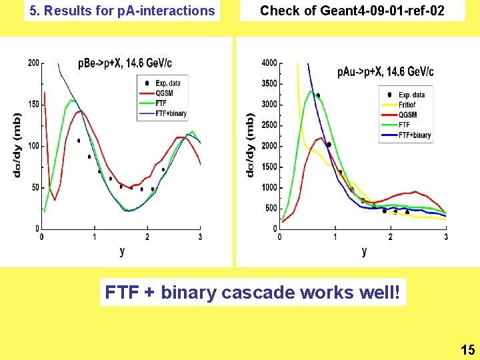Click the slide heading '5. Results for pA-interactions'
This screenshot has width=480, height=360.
[121, 11]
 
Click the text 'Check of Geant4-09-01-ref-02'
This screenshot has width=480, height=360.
[352, 11]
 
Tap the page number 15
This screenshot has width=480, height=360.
[467, 349]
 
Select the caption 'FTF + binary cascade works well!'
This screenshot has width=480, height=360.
[253, 293]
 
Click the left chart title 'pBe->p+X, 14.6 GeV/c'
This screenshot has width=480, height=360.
[125, 64]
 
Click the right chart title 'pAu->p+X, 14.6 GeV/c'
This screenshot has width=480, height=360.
[385, 71]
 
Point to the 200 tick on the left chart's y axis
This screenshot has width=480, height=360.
[33, 63]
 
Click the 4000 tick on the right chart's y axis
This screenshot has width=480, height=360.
[269, 63]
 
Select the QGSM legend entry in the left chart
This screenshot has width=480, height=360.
[164, 93]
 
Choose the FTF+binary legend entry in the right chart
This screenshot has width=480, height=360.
[414, 135]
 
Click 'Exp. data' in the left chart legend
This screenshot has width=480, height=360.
[167, 83]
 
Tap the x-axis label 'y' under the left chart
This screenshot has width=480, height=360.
[121, 251]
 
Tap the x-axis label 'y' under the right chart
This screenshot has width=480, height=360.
[364, 251]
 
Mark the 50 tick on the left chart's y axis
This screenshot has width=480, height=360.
[35, 187]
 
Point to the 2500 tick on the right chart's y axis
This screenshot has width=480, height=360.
[269, 125]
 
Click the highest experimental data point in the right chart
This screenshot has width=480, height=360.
[318, 95]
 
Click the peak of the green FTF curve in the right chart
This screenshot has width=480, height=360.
[311, 91]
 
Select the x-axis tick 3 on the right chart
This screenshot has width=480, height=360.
[445, 237]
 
